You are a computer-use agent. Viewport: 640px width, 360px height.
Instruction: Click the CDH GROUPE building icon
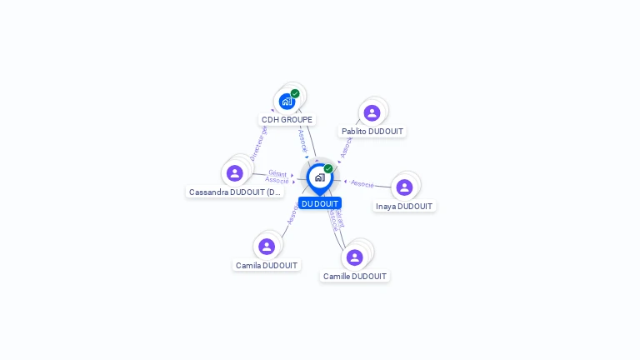pos(287,102)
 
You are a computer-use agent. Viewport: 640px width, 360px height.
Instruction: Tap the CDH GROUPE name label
pos(287,120)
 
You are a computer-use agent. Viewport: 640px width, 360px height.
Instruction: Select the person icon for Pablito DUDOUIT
pos(372,112)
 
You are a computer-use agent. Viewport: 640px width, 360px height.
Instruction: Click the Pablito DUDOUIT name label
pos(372,132)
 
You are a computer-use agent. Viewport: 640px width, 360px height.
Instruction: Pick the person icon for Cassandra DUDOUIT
pos(234,172)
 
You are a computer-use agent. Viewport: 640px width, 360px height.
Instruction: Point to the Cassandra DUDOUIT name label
pos(235,192)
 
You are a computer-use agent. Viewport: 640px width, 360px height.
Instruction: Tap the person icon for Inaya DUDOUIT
pos(404,187)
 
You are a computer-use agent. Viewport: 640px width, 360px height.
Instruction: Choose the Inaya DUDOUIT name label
pos(404,207)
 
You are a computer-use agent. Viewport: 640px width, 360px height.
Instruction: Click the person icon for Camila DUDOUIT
pos(266,246)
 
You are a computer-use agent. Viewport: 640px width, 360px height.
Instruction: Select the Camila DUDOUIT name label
pos(267,266)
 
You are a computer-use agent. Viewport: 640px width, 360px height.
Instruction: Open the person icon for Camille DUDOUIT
pos(354,257)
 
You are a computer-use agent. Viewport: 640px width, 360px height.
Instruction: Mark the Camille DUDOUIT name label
pos(355,277)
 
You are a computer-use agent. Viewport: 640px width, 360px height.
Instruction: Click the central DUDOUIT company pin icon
pos(319,177)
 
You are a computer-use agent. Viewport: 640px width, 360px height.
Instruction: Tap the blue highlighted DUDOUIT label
pos(320,203)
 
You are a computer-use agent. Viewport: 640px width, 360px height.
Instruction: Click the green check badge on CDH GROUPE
pos(295,94)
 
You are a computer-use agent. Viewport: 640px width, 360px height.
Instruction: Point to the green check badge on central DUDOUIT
pos(328,168)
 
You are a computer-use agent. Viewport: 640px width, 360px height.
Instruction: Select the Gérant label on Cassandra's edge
pos(277,173)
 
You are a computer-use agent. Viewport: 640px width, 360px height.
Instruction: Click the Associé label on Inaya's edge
pos(362,183)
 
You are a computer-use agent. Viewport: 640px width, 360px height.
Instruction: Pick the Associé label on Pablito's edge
pos(346,147)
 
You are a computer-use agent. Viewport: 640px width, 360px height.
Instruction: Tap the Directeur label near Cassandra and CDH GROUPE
pos(258,142)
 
